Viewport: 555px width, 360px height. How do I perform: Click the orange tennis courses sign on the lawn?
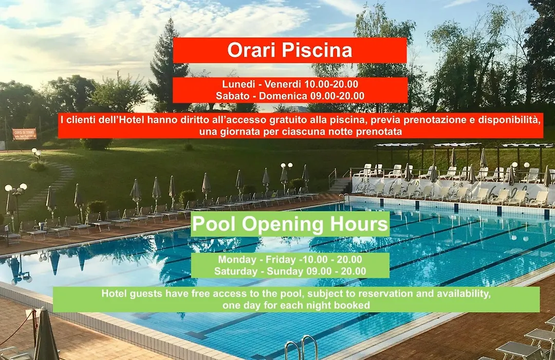point(25,134)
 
